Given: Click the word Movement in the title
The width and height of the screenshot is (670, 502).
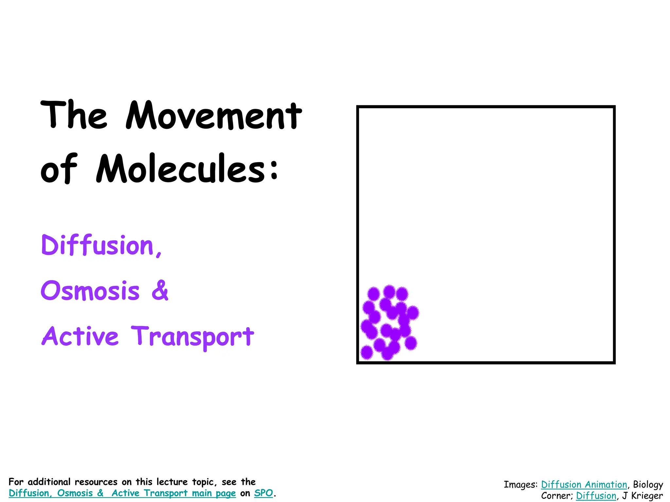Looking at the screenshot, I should tap(214, 116).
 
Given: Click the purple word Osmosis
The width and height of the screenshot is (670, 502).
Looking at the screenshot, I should tap(90, 291).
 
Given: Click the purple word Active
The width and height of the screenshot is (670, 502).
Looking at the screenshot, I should tap(80, 336).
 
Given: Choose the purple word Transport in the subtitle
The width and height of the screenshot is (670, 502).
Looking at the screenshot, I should tap(192, 337).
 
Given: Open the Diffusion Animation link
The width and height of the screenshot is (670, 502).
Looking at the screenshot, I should tap(584, 484).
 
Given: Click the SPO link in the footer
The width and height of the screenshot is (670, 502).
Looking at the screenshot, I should tap(263, 493).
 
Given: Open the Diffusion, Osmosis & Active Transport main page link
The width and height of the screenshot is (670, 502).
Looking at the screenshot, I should tap(122, 493).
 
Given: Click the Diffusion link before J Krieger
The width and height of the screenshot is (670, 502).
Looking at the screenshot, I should tap(596, 495).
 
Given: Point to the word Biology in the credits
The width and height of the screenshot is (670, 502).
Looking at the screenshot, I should tap(648, 484).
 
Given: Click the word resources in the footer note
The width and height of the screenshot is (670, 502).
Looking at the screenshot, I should tap(96, 482).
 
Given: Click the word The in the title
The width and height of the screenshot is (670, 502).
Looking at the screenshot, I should tap(74, 116).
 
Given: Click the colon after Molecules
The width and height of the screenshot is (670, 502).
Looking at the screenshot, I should tap(274, 170).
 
